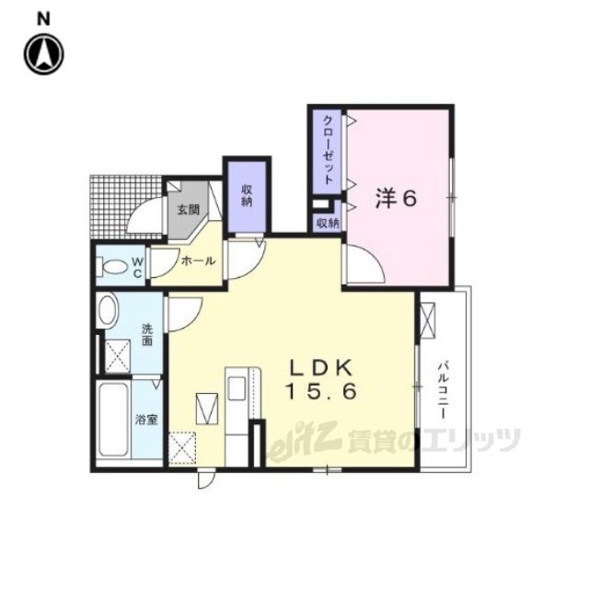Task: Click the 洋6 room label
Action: click(x=397, y=198)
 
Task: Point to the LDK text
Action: click(x=321, y=365)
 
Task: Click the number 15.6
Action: click(x=321, y=390)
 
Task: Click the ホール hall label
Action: click(x=198, y=261)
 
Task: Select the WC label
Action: click(x=136, y=267)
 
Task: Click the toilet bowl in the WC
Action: click(x=113, y=268)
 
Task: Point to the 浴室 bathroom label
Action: click(x=146, y=420)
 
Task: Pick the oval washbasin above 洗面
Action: click(x=107, y=311)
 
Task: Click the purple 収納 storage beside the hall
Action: click(x=248, y=194)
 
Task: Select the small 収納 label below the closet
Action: click(x=327, y=222)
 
